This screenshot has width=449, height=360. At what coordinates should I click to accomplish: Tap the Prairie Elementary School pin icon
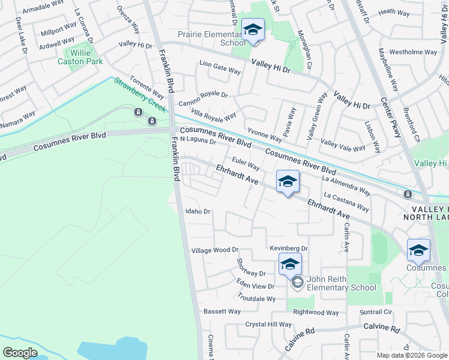pyautogui.click(x=253, y=29)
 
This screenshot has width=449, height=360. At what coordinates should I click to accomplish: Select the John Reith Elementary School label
pyautogui.click(x=341, y=283)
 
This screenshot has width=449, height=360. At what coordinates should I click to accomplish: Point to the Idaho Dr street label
pyautogui.click(x=197, y=211)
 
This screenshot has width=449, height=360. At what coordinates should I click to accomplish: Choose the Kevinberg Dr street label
pyautogui.click(x=288, y=248)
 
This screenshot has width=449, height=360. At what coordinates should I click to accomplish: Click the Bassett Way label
pyautogui.click(x=221, y=311)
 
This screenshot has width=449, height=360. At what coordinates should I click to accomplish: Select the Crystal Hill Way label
pyautogui.click(x=268, y=324)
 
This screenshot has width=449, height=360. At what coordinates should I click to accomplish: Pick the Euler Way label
pyautogui.click(x=246, y=163)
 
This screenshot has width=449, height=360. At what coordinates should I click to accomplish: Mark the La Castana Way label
pyautogui.click(x=346, y=201)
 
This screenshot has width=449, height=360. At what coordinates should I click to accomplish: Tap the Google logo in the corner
pyautogui.click(x=20, y=353)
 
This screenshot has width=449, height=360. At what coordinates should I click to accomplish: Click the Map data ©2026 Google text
pyautogui.click(x=411, y=355)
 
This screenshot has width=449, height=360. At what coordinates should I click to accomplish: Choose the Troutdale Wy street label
pyautogui.click(x=256, y=298)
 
